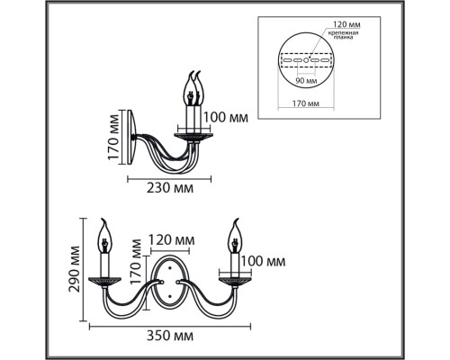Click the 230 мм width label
[x=169, y=189]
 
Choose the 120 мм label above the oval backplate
[x=172, y=240]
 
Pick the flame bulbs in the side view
[x=193, y=89]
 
